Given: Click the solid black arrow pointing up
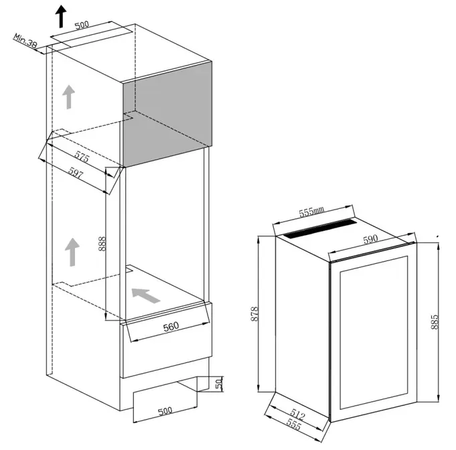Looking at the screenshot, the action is [61, 16].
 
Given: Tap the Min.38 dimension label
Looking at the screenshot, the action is [25, 41].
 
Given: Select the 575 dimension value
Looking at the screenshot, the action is [82, 157].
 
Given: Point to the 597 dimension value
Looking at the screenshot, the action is [76, 173].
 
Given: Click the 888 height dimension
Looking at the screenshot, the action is [102, 244].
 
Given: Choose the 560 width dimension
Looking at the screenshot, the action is [171, 327].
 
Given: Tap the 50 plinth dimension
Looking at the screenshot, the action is [219, 384].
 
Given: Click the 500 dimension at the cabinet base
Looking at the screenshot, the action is [165, 411].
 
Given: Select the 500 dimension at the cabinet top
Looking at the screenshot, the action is [82, 25].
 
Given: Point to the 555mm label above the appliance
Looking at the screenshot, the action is [311, 212].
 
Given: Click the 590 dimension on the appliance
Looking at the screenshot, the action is [370, 239].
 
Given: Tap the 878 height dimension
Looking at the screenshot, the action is [254, 314].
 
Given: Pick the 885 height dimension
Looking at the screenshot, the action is [434, 321].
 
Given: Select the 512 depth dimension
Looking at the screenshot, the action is [297, 415].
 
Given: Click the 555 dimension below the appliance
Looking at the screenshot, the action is [293, 425].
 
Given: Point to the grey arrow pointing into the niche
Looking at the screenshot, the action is [146, 295].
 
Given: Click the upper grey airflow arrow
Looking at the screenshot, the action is [68, 97].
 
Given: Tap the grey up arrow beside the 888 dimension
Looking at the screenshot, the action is [72, 252].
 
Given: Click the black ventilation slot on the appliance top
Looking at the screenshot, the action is [320, 229].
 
